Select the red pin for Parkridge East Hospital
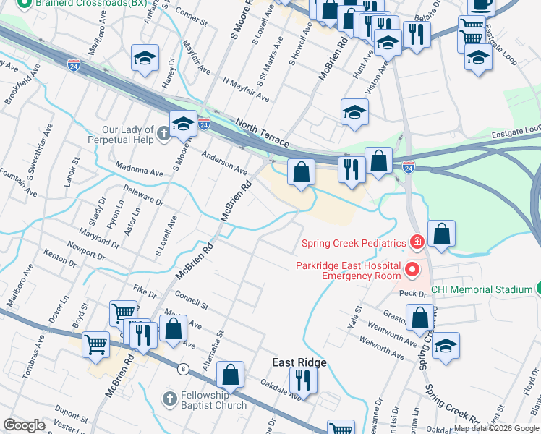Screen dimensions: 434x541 coord(412,271)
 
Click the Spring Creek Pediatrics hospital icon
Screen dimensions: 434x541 coord(416,242)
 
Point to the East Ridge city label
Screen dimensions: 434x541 coord(299,362)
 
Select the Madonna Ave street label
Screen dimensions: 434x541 coord(139,171)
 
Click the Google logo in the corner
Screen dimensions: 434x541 coord(25,425)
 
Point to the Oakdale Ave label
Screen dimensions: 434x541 coord(280,388)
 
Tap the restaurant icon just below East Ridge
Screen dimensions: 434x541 coord(302,380)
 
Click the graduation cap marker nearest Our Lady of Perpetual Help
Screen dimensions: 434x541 coord(183,124)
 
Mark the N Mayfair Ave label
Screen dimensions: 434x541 coord(246,90)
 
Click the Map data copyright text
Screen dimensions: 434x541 coord(496,428)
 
